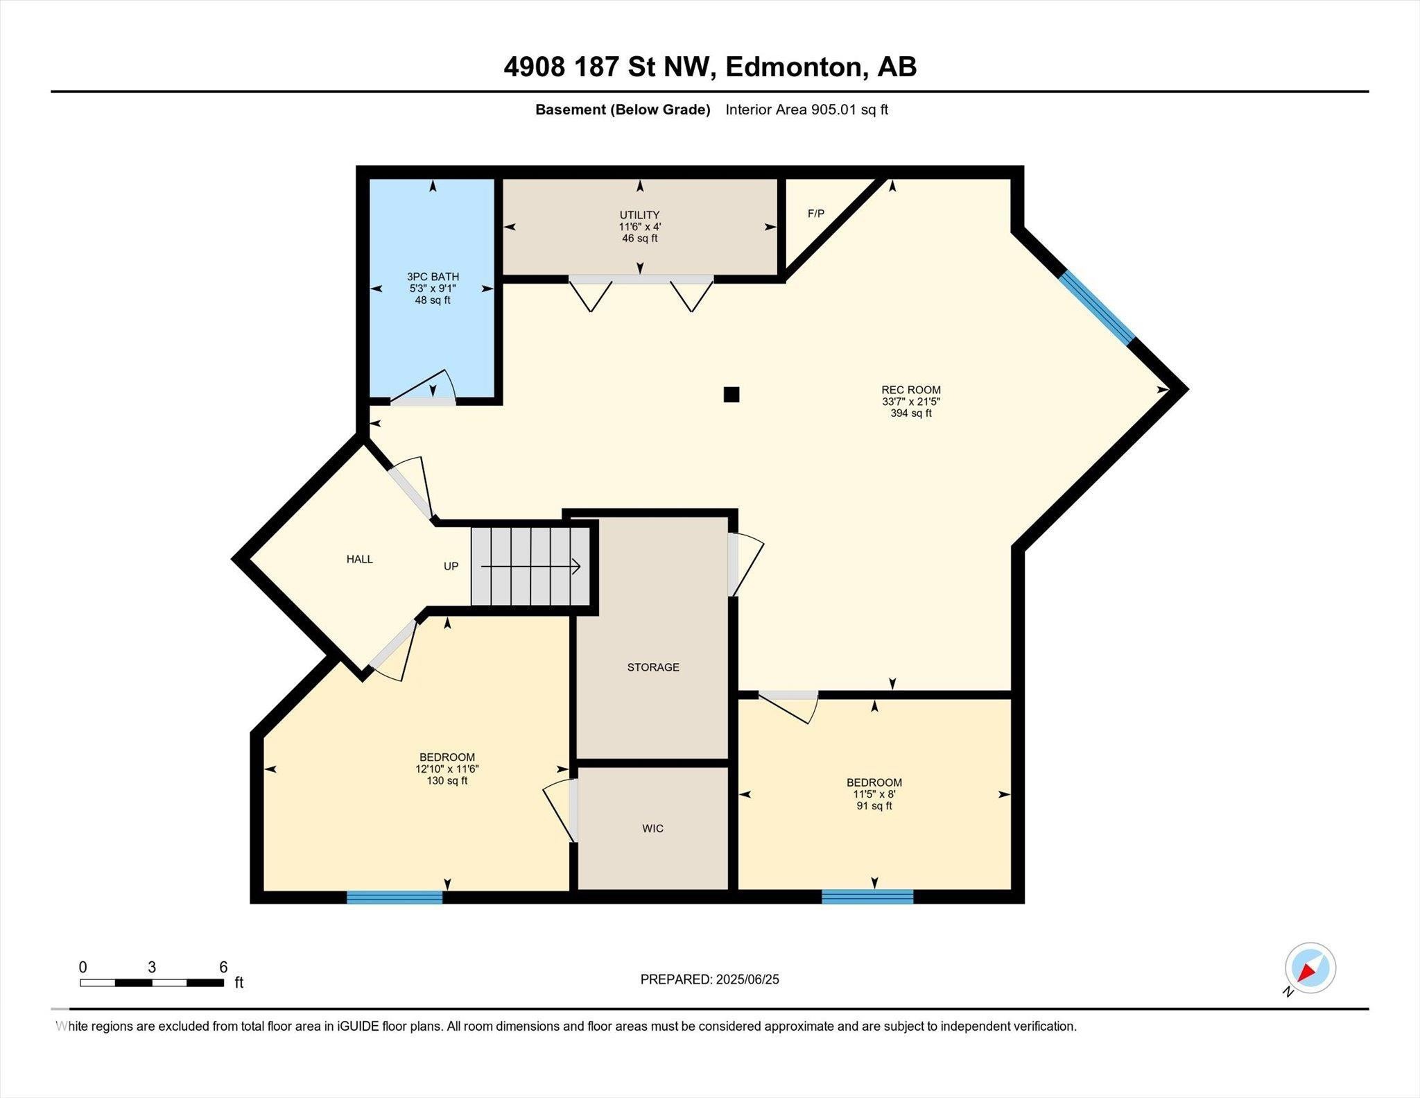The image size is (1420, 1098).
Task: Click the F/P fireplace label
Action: [x=816, y=214]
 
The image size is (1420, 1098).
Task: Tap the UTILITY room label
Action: [x=639, y=215]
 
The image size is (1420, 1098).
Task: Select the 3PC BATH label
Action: [x=433, y=277]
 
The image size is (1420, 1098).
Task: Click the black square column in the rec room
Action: [x=731, y=395]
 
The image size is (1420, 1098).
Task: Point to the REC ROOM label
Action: [x=911, y=390]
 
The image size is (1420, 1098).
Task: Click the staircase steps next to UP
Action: [x=531, y=566]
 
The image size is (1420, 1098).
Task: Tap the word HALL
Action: [x=360, y=559]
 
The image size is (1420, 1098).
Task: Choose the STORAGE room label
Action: [x=653, y=667]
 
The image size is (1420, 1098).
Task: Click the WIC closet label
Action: [x=653, y=828]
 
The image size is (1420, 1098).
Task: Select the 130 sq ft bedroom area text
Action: [x=447, y=780]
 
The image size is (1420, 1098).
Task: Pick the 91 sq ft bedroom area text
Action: [x=874, y=806]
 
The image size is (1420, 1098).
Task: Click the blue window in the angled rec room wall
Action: [x=1097, y=307]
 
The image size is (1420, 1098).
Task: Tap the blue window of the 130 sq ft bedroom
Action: [x=395, y=898]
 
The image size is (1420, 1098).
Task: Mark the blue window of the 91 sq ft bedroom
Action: [x=867, y=897]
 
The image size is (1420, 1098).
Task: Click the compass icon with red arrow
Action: [x=1310, y=968]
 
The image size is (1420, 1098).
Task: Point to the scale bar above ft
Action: [x=152, y=983]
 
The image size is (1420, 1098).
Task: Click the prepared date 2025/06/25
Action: [x=747, y=979]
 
